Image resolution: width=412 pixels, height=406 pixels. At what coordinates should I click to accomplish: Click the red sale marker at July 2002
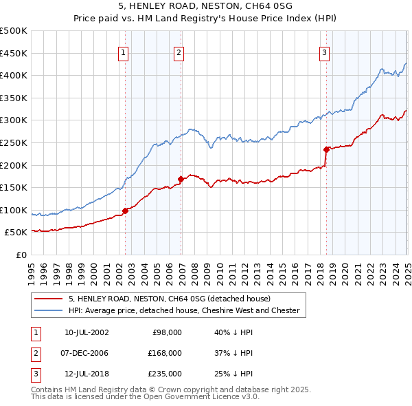[x=126, y=211]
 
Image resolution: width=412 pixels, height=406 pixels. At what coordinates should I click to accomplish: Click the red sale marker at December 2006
[x=181, y=179]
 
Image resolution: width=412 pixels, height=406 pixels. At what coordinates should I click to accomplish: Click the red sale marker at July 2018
[x=326, y=149]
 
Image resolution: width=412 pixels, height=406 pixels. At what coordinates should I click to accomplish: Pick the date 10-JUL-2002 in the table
[x=87, y=332]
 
